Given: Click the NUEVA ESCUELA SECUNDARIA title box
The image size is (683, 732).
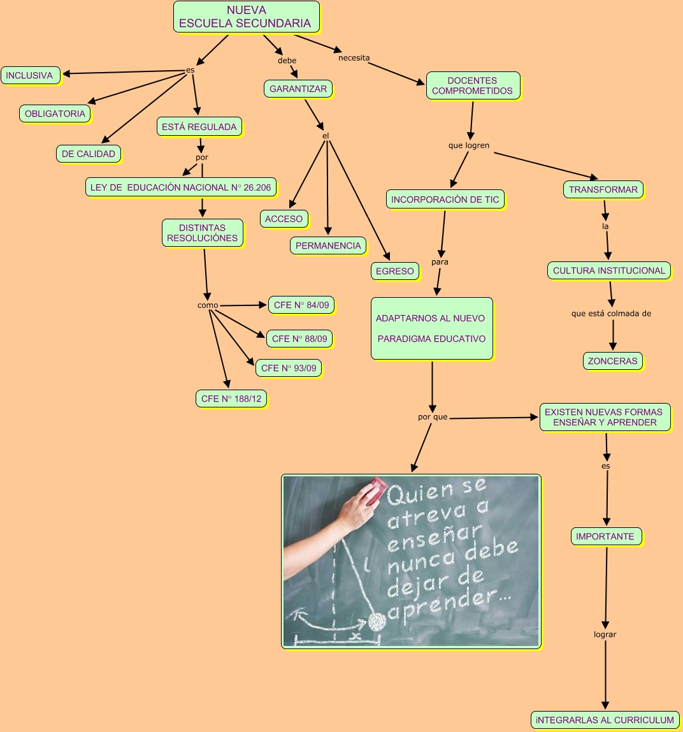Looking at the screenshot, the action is tap(246, 17).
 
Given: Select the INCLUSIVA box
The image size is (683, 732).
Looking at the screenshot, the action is tap(30, 75).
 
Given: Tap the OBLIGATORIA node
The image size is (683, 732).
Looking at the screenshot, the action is tap(55, 113).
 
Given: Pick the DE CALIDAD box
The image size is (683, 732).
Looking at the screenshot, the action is tap(89, 154).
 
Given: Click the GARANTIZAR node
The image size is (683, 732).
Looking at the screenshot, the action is tap(298, 89).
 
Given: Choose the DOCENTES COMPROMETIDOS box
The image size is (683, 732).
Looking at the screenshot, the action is tap(472, 85).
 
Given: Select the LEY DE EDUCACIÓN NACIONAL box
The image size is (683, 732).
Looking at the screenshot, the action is tap(180, 187).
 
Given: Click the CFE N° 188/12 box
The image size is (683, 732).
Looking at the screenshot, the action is tap(231, 399).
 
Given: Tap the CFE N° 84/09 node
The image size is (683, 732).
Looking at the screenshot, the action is tap(301, 305).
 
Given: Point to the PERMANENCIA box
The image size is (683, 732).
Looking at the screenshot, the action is tap(328, 245).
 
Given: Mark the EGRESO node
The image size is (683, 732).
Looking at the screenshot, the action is tap(395, 271).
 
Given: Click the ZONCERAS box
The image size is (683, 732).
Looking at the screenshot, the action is tap(612, 361).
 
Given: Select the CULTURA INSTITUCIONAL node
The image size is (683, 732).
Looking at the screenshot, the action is tap(608, 270).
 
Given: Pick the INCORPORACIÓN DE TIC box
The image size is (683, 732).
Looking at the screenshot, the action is tap(445, 200).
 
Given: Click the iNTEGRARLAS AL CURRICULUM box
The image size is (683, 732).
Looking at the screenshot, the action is tap(605, 720).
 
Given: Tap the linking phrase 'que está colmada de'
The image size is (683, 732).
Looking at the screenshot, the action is tap(611, 313).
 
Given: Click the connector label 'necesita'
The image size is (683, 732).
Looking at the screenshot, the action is tap(354, 58).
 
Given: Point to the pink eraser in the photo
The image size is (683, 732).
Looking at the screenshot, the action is tap(371, 488).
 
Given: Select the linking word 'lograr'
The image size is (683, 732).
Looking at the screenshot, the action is tap(605, 634).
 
